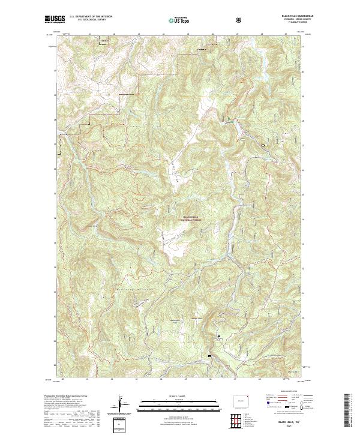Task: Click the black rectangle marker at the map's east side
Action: [263, 145]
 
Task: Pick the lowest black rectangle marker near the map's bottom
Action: [209, 356]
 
